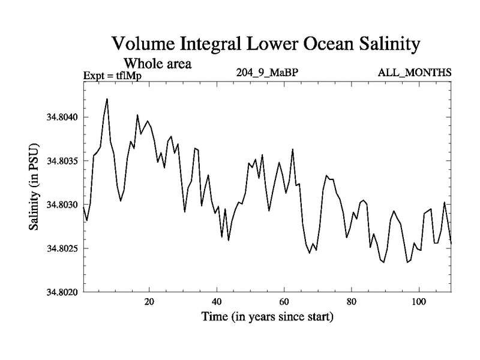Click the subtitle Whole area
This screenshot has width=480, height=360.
point(157,63)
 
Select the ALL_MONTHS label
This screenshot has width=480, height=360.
point(415,73)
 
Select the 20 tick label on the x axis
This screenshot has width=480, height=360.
point(149,301)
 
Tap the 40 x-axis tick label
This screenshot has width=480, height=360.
point(217,301)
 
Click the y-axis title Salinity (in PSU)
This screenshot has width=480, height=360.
point(34,187)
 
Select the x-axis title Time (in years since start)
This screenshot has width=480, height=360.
point(267,316)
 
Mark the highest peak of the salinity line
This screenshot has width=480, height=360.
point(107,99)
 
